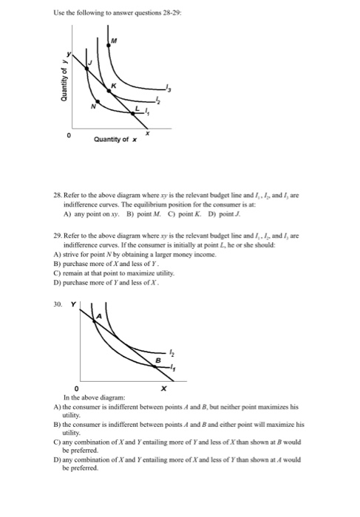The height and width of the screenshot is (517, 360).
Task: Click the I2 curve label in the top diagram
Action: coord(157,102)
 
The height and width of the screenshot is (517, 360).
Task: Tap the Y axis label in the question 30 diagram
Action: coord(74,283)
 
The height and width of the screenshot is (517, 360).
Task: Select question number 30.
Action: coord(59,283)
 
